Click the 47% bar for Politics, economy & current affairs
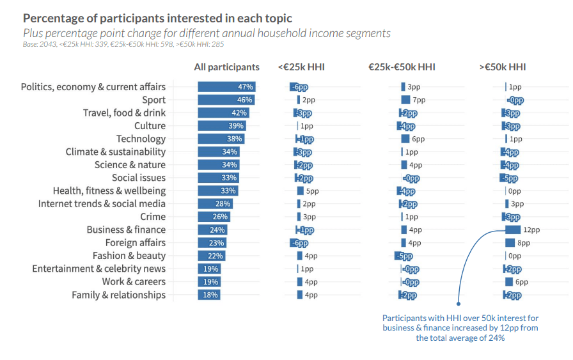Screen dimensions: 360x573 tap(227, 87)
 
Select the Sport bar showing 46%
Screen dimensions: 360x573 tap(226, 100)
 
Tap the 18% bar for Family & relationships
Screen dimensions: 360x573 tap(209, 295)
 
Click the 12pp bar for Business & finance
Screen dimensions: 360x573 tap(513, 230)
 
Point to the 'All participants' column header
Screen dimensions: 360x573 tap(227, 67)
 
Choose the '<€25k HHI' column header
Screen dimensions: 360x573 tap(301, 67)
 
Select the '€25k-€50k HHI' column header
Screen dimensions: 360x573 tap(402, 67)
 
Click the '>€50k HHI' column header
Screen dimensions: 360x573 tap(503, 67)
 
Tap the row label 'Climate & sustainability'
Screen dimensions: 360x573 tap(115, 152)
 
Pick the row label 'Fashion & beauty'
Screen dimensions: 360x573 tap(129, 256)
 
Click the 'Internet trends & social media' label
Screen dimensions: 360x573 tap(102, 204)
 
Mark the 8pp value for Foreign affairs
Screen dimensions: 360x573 tap(524, 243)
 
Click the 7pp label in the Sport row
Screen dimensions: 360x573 tap(420, 100)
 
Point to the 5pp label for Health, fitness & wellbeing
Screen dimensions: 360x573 tap(312, 191)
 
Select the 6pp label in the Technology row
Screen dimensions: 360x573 tap(419, 139)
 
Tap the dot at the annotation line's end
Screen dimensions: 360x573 tap(458, 304)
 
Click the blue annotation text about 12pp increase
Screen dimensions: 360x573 tap(460, 327)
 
